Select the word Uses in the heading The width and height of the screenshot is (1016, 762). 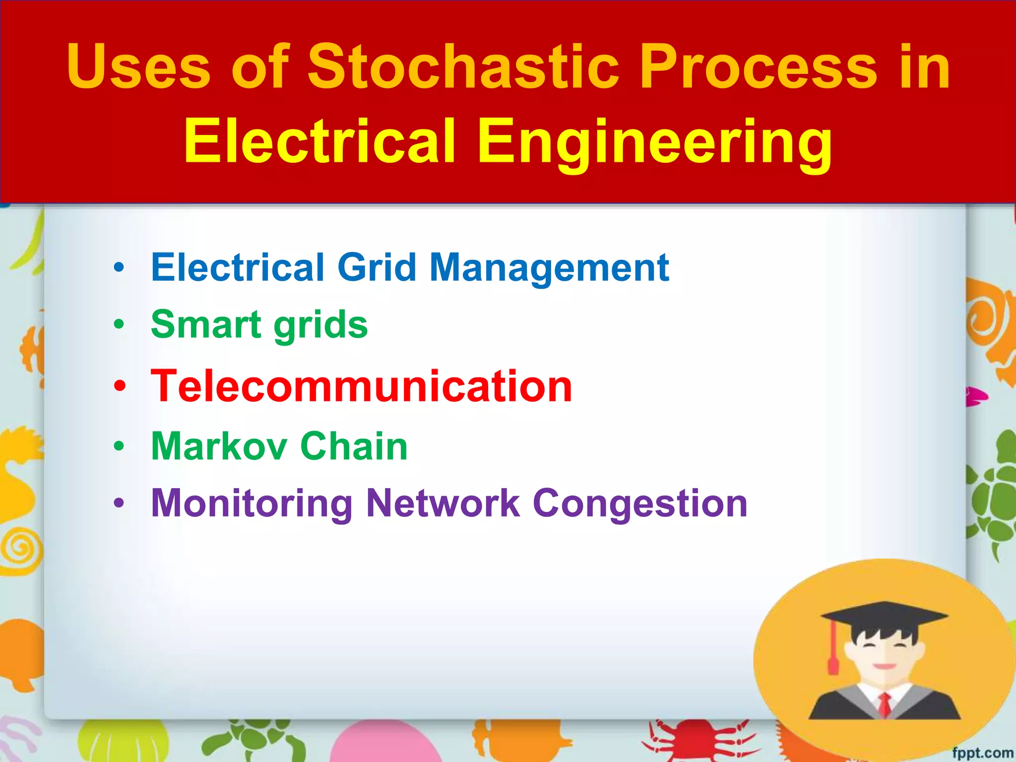tap(139, 67)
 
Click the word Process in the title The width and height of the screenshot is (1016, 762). tap(759, 67)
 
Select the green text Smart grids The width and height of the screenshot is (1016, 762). tap(259, 325)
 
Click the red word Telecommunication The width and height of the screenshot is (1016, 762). tap(361, 386)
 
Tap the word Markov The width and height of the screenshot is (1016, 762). tap(219, 446)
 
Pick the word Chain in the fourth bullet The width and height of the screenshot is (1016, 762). tap(354, 446)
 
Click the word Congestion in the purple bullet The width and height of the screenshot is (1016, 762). tap(639, 504)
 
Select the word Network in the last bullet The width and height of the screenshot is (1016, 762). tap(443, 504)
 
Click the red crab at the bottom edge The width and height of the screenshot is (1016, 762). tap(695, 742)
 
